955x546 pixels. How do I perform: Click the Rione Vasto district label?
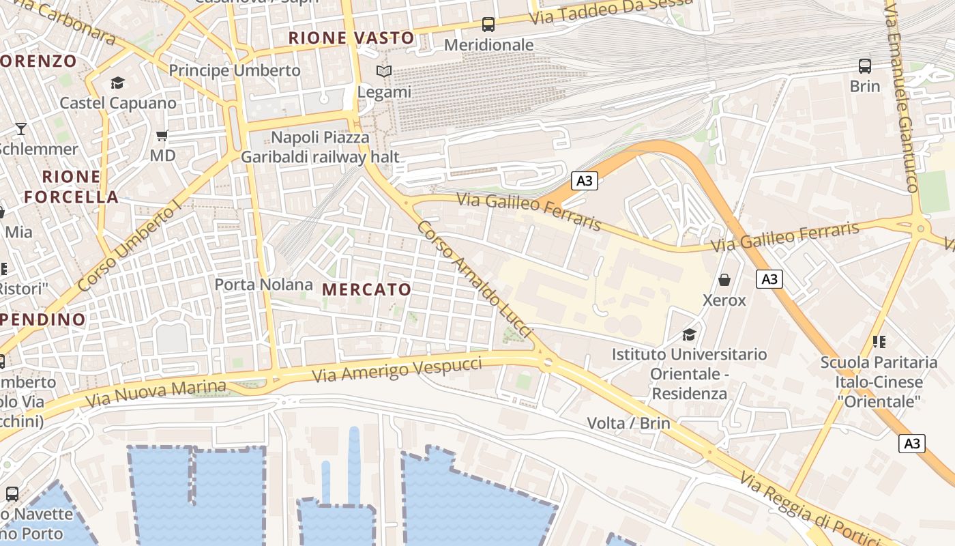pos(351,38)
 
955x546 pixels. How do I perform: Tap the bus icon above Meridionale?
pos(488,25)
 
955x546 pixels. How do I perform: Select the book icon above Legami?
pos(385,71)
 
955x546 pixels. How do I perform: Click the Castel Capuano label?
pos(118,103)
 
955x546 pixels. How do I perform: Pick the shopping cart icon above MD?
pos(162,135)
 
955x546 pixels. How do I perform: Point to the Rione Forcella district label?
pos(71,187)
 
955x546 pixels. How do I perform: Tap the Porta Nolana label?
pos(264,284)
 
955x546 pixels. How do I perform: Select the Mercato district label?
pos(367,289)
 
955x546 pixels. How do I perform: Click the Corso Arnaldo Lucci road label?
pos(474,278)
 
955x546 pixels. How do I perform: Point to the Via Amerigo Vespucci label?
pos(397,369)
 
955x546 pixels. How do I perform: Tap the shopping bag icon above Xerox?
pos(724,280)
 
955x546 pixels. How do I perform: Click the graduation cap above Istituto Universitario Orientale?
pos(689,334)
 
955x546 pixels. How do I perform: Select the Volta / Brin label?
pos(628,423)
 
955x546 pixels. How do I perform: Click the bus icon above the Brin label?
pos(865,66)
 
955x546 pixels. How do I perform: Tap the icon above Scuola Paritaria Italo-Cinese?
pos(879,341)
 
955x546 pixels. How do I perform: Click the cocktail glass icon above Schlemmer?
pos(21,128)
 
